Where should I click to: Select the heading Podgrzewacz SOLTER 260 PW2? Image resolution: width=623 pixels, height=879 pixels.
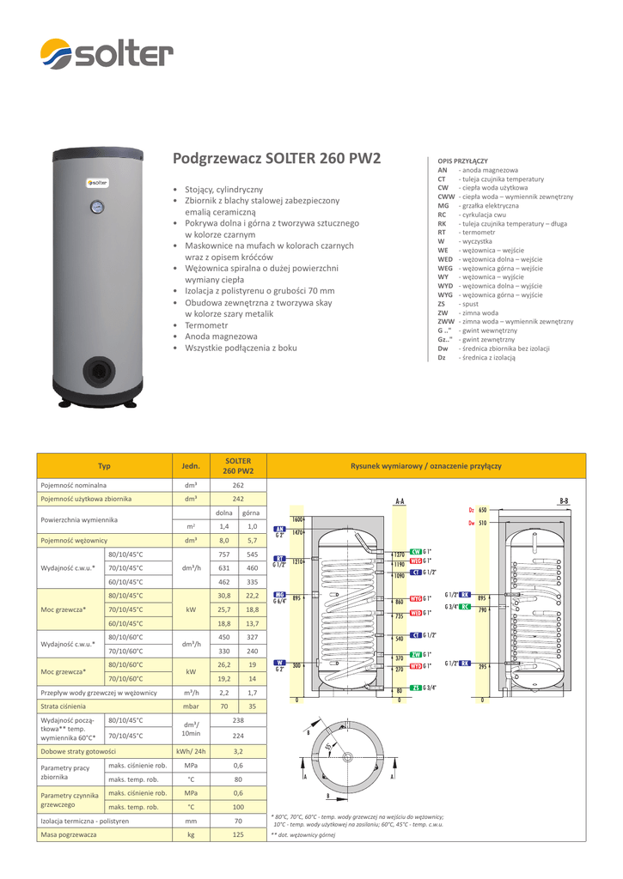click(x=278, y=159)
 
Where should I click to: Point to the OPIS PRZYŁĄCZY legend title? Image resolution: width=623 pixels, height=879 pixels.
click(x=462, y=161)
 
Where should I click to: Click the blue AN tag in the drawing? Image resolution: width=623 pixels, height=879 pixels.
click(x=278, y=529)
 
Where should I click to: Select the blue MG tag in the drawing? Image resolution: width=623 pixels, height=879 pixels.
click(x=279, y=594)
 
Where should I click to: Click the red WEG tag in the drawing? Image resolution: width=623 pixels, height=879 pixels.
click(x=415, y=560)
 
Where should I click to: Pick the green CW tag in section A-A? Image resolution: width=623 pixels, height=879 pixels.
click(x=415, y=551)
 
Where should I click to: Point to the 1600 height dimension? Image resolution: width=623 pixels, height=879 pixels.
click(x=298, y=520)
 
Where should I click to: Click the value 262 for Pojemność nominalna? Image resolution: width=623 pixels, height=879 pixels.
click(x=238, y=485)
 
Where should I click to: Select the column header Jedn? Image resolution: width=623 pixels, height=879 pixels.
click(x=191, y=466)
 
